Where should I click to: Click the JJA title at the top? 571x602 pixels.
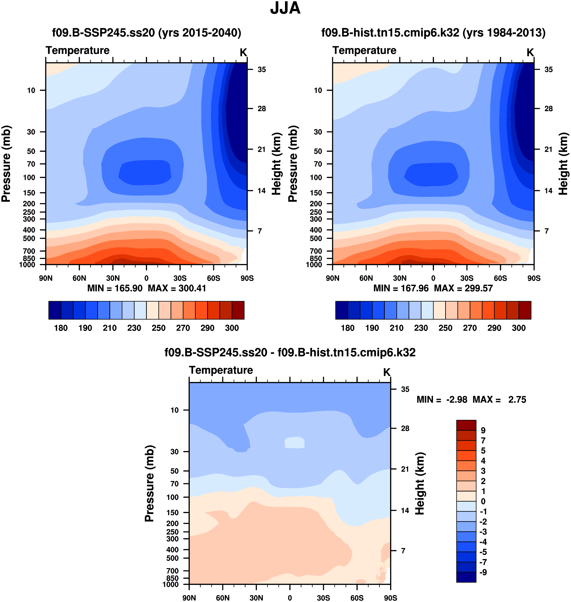285,8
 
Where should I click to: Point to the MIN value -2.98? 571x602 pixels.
457,399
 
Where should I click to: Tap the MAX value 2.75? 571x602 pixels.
517,399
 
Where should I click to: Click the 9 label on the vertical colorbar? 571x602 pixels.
483,430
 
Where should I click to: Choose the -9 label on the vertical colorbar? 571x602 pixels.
483,572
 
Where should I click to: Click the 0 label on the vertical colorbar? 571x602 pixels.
483,501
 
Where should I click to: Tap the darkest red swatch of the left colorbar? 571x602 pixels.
238,310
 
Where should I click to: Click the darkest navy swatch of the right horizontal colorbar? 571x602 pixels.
342,310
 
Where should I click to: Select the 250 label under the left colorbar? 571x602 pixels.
159,328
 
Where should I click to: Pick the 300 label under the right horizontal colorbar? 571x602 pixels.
519,328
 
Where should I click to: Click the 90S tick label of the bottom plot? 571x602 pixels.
390,598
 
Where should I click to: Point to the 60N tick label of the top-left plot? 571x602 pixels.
79,278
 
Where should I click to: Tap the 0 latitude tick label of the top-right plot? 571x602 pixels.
433,278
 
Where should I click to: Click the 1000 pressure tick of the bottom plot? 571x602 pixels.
171,584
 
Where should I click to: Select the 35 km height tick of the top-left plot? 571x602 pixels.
261,70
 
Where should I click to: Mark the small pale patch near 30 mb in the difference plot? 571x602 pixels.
294,443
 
